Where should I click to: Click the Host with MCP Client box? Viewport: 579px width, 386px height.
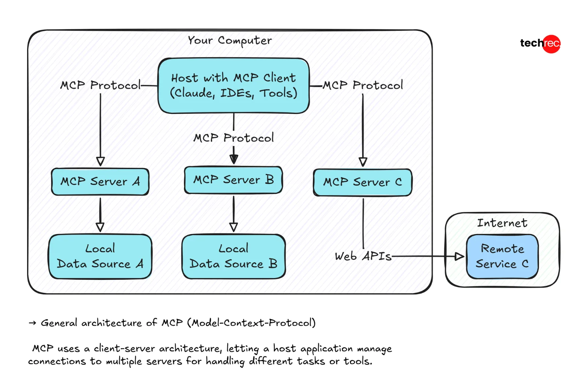(234, 86)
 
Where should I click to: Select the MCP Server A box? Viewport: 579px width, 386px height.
(100, 182)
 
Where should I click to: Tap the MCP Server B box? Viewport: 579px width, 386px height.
(233, 180)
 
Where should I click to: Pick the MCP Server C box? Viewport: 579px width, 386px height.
(363, 182)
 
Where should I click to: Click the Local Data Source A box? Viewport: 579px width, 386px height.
(100, 256)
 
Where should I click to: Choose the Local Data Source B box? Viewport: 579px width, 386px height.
(233, 256)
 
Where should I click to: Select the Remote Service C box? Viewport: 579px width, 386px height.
(502, 256)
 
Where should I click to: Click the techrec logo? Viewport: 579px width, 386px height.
(540, 43)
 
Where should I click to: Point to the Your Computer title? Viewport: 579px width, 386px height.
(230, 40)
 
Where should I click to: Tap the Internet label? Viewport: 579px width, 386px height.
(502, 223)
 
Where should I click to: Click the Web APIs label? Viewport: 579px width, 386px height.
(363, 256)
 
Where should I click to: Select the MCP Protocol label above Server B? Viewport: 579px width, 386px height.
(233, 138)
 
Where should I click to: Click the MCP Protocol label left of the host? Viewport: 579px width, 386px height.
(100, 85)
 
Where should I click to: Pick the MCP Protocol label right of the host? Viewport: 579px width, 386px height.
(363, 85)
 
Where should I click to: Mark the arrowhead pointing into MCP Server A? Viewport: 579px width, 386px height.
(100, 162)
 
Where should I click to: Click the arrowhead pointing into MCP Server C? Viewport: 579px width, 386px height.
(363, 162)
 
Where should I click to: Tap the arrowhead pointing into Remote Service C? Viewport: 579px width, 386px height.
(459, 257)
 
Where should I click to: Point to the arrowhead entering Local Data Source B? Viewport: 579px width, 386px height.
(233, 227)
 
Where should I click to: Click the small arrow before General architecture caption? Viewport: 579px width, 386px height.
(32, 323)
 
